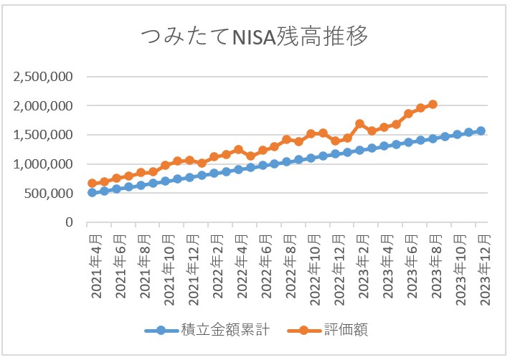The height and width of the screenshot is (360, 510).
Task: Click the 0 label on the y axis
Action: point(70,223)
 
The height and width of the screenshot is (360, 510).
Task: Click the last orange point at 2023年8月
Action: point(433,104)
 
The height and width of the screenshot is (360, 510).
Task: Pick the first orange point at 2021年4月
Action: point(92,184)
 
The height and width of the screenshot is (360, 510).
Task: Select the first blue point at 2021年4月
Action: point(92,192)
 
